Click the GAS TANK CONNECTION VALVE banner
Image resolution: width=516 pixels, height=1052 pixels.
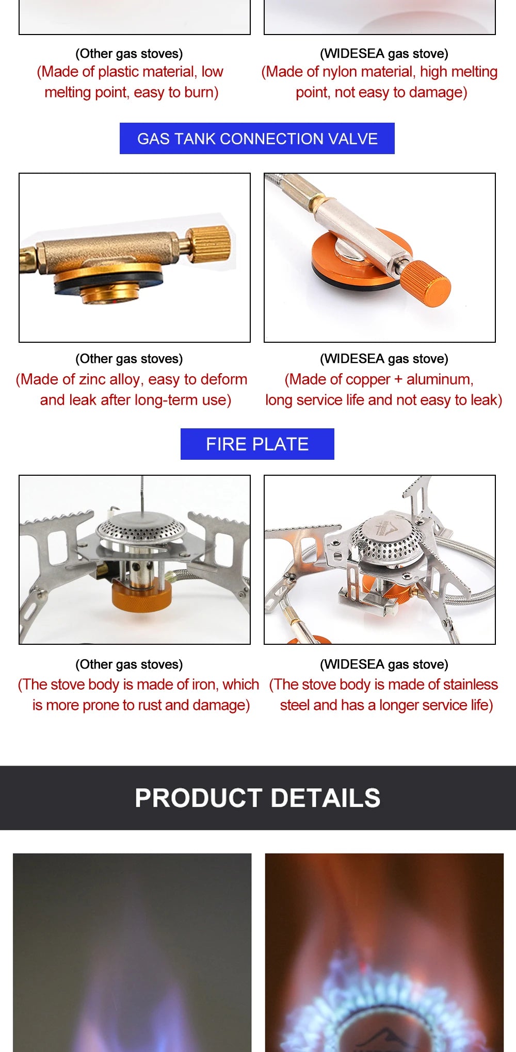point(257,139)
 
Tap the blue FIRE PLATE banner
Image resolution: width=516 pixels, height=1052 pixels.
point(257,444)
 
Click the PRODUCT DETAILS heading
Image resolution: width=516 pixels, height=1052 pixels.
point(257,798)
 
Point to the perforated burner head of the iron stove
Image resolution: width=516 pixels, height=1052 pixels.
point(140,528)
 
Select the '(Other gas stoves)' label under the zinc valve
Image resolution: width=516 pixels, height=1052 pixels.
point(129,359)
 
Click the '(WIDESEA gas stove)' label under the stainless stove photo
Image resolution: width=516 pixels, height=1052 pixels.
point(384,664)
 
